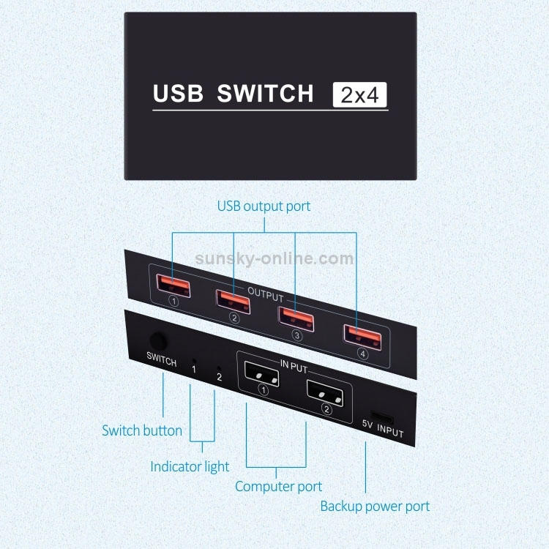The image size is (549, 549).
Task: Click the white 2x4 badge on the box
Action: pyautogui.click(x=359, y=94)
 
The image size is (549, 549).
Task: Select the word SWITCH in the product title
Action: pyautogui.click(x=265, y=94)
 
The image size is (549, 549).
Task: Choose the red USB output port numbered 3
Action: pyautogui.click(x=295, y=318)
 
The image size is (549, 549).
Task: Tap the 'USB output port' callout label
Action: pyautogui.click(x=264, y=206)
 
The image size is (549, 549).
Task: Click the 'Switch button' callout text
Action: pyautogui.click(x=142, y=430)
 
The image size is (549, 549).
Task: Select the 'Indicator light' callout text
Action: pyautogui.click(x=190, y=466)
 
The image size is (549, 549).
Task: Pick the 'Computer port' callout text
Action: pyautogui.click(x=278, y=486)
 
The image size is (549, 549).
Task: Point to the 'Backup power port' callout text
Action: pyautogui.click(x=375, y=506)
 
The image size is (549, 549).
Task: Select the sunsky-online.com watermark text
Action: pyautogui.click(x=274, y=258)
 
